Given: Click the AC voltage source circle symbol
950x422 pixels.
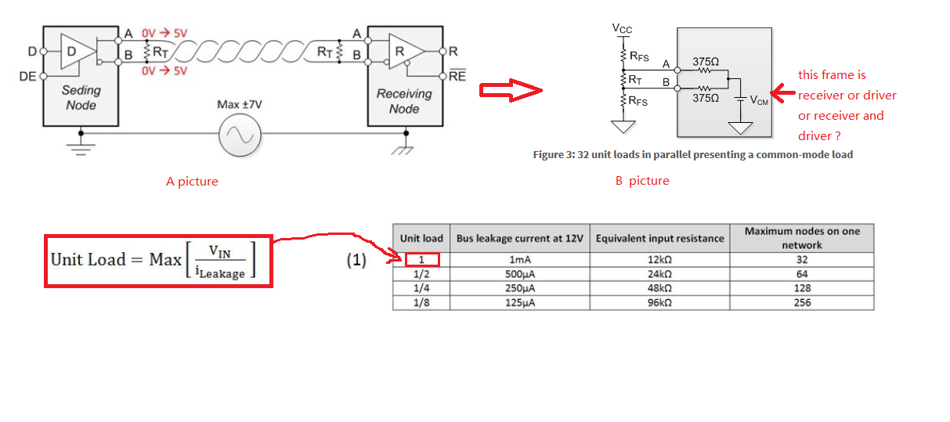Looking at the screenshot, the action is [240, 135].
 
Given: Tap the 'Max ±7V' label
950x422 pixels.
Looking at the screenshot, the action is [240, 104].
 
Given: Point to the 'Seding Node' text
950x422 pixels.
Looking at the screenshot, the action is [81, 98].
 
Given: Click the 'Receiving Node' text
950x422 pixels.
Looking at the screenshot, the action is [404, 101].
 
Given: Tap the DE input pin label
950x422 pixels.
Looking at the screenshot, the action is [27, 77].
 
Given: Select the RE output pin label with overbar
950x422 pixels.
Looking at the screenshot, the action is [457, 75].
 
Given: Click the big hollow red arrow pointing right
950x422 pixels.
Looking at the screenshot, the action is [511, 90].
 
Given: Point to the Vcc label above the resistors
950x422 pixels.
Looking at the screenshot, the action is [622, 29].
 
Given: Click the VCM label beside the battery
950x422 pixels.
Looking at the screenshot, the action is [759, 100].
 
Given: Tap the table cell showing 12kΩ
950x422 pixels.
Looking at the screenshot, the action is [659, 260].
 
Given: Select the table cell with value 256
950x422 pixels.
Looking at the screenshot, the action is [802, 303].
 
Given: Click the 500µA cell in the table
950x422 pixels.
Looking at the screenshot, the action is [519, 274].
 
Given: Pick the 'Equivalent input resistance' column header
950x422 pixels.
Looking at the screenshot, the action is [659, 238].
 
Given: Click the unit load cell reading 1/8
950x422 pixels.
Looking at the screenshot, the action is [421, 303].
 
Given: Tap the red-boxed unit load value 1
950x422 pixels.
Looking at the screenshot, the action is [421, 260].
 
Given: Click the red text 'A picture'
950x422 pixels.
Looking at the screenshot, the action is [192, 182].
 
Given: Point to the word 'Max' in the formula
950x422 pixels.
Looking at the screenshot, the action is [165, 260].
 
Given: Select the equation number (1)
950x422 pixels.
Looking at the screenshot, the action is [356, 260].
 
